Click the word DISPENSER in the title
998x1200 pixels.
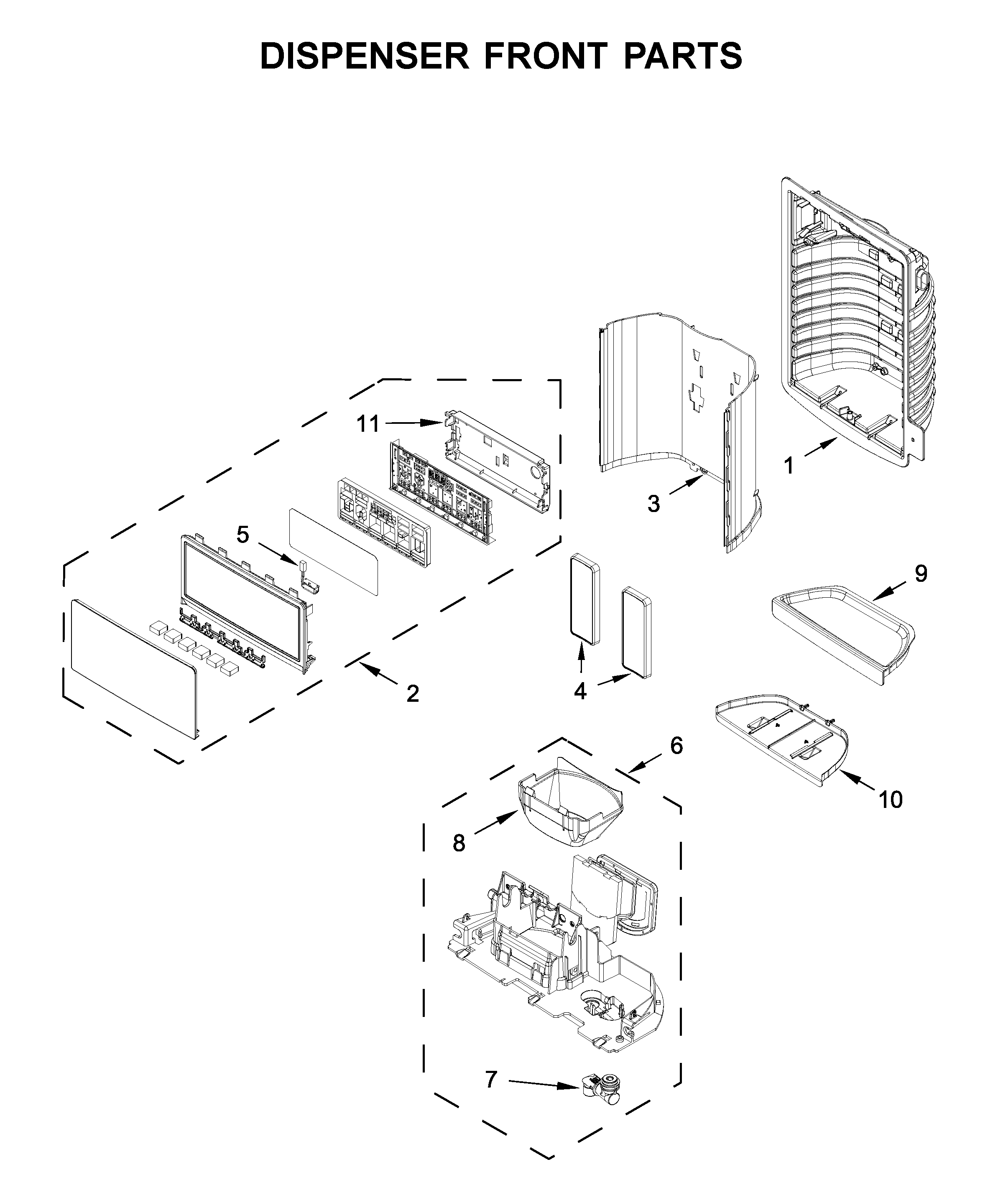(365, 56)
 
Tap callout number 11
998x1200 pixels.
(368, 424)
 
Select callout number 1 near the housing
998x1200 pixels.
(789, 466)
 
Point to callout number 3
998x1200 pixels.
(653, 504)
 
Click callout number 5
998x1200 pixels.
(243, 535)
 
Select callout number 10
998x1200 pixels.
(891, 800)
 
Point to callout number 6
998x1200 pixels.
(676, 745)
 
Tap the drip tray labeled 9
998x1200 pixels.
(840, 632)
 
